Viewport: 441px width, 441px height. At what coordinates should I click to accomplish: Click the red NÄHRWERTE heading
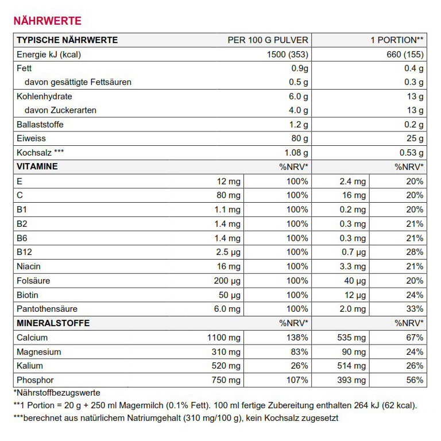47,21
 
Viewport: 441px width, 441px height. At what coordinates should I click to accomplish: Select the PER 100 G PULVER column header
268,40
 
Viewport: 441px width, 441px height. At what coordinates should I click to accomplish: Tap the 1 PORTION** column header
397,40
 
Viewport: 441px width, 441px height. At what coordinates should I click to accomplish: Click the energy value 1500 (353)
288,55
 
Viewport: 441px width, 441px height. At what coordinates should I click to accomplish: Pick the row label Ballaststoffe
40,125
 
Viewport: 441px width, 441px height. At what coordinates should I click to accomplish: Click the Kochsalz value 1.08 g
296,153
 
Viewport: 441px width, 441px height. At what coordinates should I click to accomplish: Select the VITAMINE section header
37,167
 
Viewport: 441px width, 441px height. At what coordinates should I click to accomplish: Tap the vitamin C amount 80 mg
228,195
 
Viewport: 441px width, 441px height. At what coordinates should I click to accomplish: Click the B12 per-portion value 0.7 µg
353,252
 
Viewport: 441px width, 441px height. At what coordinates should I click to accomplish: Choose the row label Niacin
29,266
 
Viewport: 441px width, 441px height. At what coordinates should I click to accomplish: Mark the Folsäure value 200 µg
227,281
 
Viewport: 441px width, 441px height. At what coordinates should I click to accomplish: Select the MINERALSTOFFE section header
53,323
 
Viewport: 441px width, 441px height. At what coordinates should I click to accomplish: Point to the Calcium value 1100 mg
223,338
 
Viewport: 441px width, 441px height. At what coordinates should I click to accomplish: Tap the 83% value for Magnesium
299,351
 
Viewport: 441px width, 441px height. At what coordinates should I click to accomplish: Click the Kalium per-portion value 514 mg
351,366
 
